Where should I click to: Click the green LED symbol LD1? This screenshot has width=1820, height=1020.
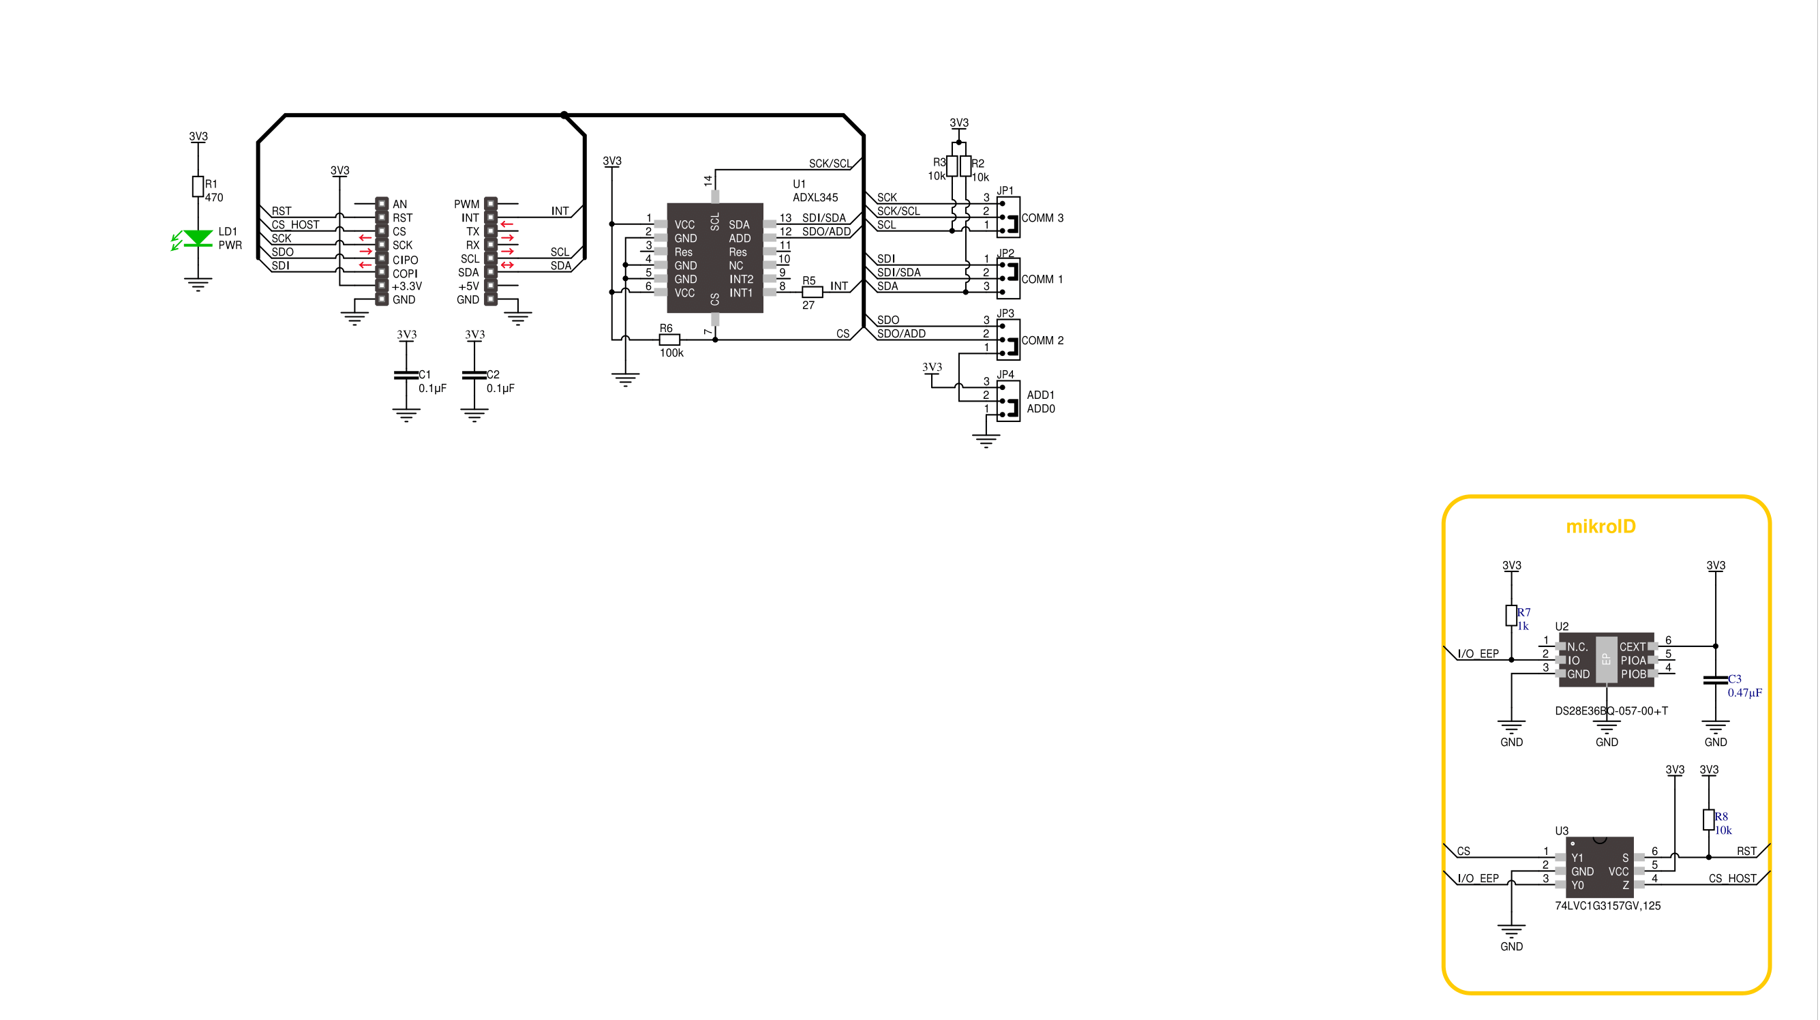coord(198,238)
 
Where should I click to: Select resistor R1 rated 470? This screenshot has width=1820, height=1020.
coord(198,186)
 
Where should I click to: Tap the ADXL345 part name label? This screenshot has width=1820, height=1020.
coord(815,198)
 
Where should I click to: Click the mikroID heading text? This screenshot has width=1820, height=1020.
coord(1601,526)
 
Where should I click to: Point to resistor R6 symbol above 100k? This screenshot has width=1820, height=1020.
coord(669,340)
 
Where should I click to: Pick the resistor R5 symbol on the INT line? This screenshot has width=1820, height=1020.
coord(813,292)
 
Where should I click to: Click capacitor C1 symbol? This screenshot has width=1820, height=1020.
coord(406,374)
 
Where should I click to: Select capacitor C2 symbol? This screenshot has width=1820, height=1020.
coord(474,374)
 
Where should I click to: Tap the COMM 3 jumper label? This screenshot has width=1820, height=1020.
coord(1042,217)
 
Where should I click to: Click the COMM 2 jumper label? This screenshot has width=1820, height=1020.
coord(1042,340)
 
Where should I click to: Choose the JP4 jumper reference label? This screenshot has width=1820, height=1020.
coord(1005,374)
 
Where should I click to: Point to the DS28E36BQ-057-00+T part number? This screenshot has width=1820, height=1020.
coord(1611,710)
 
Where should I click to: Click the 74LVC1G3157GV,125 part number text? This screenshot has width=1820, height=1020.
coord(1607,905)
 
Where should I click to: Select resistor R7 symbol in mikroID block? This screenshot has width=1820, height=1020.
coord(1511,615)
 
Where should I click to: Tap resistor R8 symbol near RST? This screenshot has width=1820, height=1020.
coord(1708,820)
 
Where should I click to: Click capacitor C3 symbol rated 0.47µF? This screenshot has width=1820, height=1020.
coord(1716,680)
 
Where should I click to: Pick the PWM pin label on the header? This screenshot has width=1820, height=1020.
coord(466,205)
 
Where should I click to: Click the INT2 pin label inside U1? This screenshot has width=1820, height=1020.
coord(741,280)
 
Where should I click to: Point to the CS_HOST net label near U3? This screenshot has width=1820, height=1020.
coord(1732,879)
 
